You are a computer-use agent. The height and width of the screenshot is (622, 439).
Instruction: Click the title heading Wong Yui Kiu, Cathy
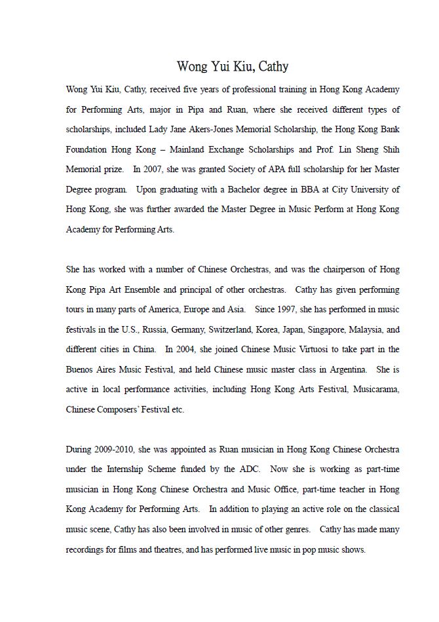pos(232,67)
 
